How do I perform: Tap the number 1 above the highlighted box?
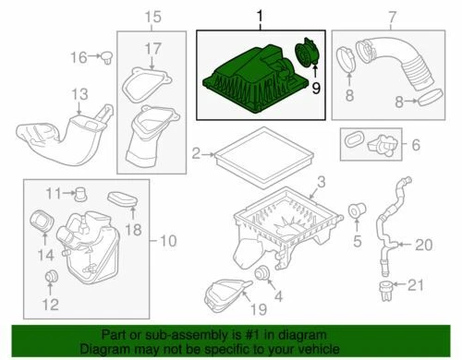point(260,16)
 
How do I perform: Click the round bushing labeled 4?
point(262,273)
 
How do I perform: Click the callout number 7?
point(391,16)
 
